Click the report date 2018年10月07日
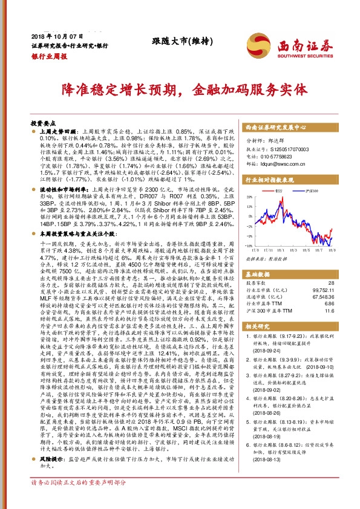pyautogui.click(x=54, y=36)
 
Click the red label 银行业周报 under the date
pyautogui.click(x=48, y=54)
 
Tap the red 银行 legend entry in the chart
pyautogui.click(x=279, y=190)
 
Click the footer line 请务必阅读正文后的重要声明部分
pyautogui.click(x=79, y=501)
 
